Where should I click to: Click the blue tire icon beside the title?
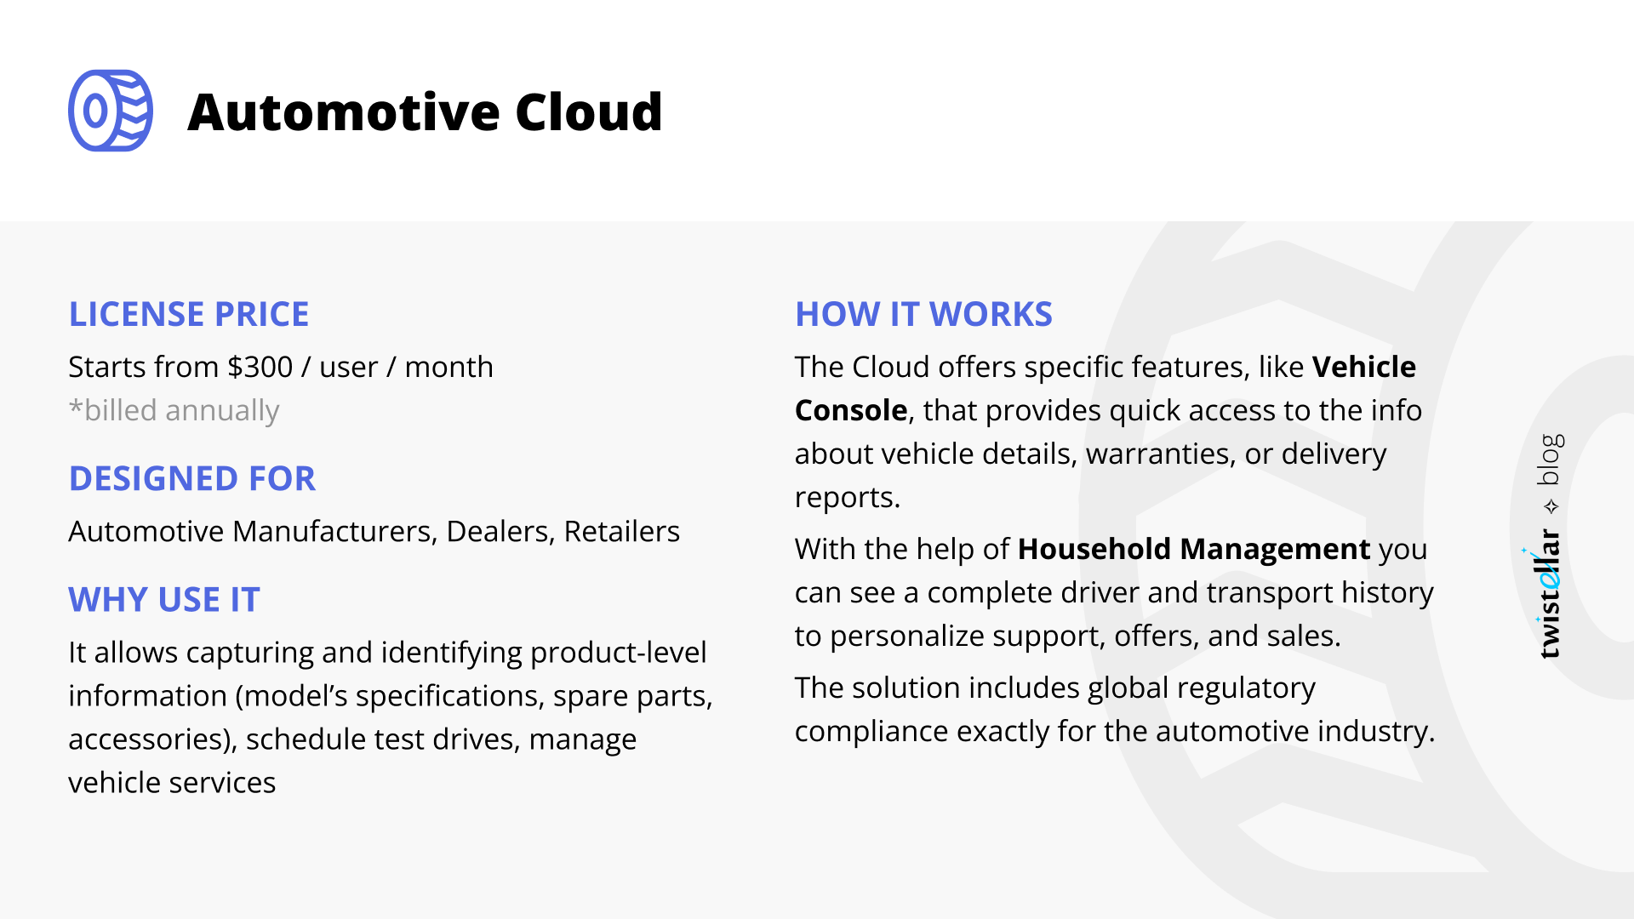click(111, 111)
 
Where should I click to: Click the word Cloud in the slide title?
click(588, 112)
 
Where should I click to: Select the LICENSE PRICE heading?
click(189, 314)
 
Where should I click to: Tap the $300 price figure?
click(260, 367)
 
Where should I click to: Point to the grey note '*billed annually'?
click(174, 410)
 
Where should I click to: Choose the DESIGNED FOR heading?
click(192, 478)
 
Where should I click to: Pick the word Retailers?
click(621, 531)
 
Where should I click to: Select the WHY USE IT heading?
click(164, 600)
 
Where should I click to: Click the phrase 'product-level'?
click(618, 652)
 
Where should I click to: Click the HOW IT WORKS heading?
click(923, 314)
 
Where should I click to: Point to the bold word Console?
click(851, 410)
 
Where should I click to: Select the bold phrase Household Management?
click(1194, 549)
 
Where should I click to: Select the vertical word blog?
click(1551, 459)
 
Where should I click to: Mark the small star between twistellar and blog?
click(1551, 507)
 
